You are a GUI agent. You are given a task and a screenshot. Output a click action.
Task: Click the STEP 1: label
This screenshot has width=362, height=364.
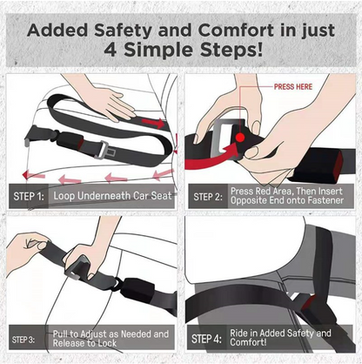[x=29, y=197]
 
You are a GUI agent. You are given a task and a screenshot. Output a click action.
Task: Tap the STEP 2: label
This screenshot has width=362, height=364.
[x=208, y=197]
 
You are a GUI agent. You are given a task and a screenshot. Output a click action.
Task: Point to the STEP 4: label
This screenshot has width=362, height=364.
[x=208, y=339]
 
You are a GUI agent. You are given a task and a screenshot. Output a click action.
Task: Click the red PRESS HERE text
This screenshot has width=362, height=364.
[x=292, y=87]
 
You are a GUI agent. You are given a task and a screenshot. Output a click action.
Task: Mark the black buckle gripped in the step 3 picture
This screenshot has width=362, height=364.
[x=83, y=260]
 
